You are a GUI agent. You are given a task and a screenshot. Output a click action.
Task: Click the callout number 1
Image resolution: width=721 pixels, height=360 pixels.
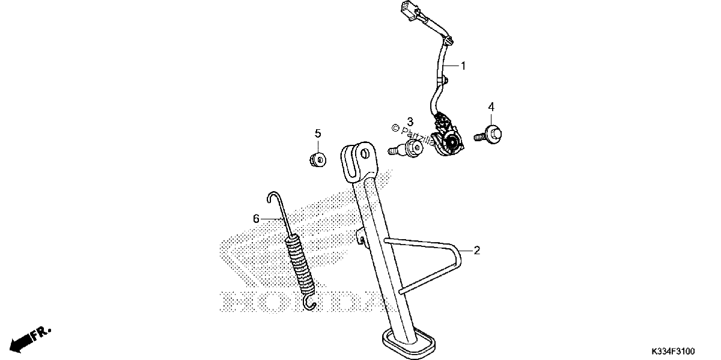point(463,66)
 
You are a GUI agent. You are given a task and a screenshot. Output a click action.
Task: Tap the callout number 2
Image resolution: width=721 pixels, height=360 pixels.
point(476,250)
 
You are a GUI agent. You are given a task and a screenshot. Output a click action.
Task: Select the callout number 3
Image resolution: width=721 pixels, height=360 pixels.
point(410,122)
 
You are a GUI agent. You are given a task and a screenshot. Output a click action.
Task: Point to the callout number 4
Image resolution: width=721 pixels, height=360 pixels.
point(491,106)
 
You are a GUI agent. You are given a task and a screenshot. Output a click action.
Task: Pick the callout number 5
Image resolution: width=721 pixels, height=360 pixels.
point(318,133)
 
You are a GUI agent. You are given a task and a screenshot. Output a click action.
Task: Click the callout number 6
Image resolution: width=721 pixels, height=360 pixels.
point(256,219)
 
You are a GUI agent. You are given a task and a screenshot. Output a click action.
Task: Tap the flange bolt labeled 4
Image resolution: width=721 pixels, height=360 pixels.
point(488,135)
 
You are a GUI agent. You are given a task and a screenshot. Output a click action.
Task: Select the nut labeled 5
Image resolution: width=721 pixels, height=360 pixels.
point(317,160)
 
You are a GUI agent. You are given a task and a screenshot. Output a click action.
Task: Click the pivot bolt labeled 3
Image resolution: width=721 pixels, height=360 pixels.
point(406,149)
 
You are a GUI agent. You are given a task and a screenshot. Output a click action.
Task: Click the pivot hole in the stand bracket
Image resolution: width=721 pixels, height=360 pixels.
point(364,154)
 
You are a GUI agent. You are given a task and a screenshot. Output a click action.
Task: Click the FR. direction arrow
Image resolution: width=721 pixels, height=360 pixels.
point(30,340)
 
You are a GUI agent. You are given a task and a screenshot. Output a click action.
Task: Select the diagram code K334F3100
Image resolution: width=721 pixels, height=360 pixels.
point(673,351)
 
